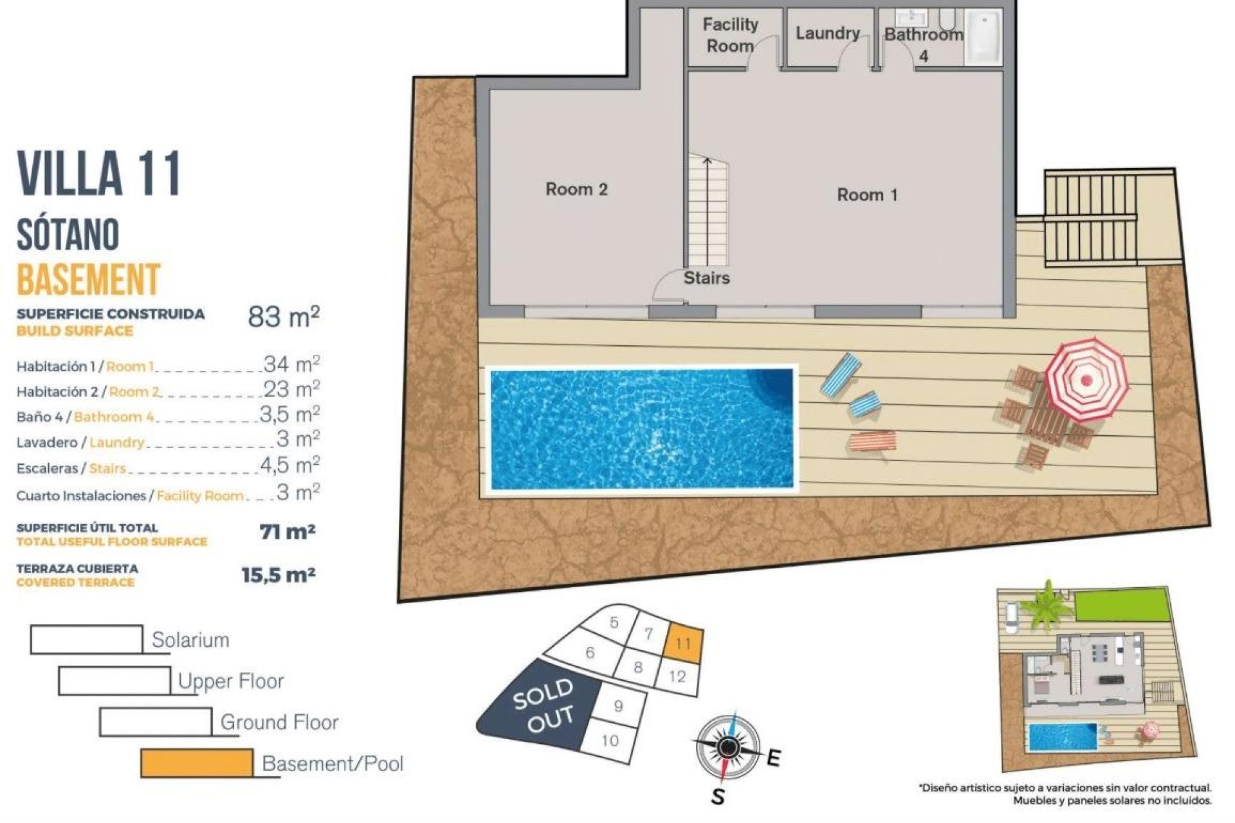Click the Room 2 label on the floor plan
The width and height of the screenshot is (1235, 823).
tap(576, 189)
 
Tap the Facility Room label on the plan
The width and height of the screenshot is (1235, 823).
tap(730, 35)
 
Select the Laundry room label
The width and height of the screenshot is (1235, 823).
tap(827, 33)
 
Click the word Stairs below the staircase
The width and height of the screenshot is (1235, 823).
tap(706, 278)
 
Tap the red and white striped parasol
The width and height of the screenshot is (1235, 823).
tap(1086, 379)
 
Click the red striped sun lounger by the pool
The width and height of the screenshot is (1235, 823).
tap(872, 442)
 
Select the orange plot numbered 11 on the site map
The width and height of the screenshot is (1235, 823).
tap(683, 642)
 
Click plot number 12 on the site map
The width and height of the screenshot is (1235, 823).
tap(677, 676)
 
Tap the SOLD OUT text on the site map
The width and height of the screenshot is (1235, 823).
tap(544, 705)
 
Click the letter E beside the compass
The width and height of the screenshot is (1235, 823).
tap(773, 758)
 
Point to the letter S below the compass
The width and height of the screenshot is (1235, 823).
tap(718, 797)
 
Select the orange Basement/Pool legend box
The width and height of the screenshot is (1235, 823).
tap(197, 763)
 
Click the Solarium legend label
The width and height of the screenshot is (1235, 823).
tap(190, 640)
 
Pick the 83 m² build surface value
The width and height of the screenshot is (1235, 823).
tap(284, 316)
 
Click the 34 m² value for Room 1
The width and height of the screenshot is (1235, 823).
tap(291, 365)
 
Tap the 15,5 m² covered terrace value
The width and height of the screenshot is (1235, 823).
tap(278, 575)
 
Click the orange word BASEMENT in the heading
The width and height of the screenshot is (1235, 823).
tap(88, 279)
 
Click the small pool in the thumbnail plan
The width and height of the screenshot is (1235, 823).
tap(1063, 737)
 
